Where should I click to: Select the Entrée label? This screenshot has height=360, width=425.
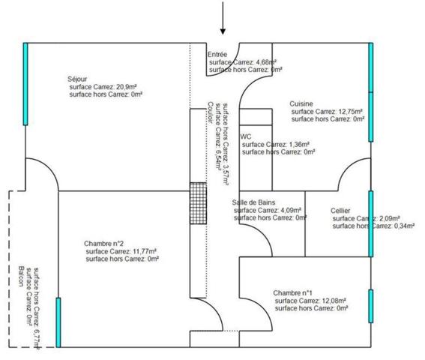coord(218,54)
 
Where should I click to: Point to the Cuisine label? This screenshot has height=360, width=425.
coord(301,103)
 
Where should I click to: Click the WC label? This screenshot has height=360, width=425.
coord(245,136)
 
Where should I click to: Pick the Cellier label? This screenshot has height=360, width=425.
coord(341,211)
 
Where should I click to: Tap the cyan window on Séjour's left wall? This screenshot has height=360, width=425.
coord(25,82)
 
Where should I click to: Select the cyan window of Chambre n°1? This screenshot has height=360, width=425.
coord(370,305)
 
